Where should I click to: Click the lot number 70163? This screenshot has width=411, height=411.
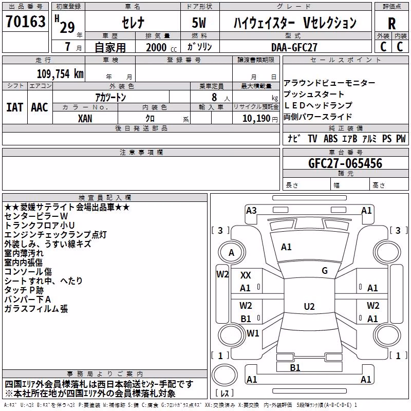point(25,21)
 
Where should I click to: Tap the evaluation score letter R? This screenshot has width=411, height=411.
point(391,23)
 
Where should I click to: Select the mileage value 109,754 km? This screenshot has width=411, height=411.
point(60,74)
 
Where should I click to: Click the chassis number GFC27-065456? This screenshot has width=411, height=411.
point(345,163)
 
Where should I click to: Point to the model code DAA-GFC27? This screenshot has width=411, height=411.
point(294,47)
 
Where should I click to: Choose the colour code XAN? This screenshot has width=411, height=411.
point(85,119)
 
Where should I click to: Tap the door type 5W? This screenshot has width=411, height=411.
point(199,23)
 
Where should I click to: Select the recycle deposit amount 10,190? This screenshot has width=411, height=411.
point(256,119)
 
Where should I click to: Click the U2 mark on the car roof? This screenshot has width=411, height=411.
point(309,306)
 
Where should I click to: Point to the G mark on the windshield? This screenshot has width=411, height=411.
point(325,271)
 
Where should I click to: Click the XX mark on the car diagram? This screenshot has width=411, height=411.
point(246,275)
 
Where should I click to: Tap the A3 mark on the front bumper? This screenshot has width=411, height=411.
point(251,211)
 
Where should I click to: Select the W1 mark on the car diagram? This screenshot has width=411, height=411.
point(253,333)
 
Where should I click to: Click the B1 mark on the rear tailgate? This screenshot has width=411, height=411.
point(295,368)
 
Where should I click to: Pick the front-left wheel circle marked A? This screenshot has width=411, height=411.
point(232,253)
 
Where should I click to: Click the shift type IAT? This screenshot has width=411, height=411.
point(15,107)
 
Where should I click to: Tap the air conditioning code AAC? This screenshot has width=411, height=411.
point(40,107)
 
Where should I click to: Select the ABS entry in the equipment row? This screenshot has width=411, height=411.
point(330,139)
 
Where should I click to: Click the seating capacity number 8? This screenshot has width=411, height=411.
point(214,97)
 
